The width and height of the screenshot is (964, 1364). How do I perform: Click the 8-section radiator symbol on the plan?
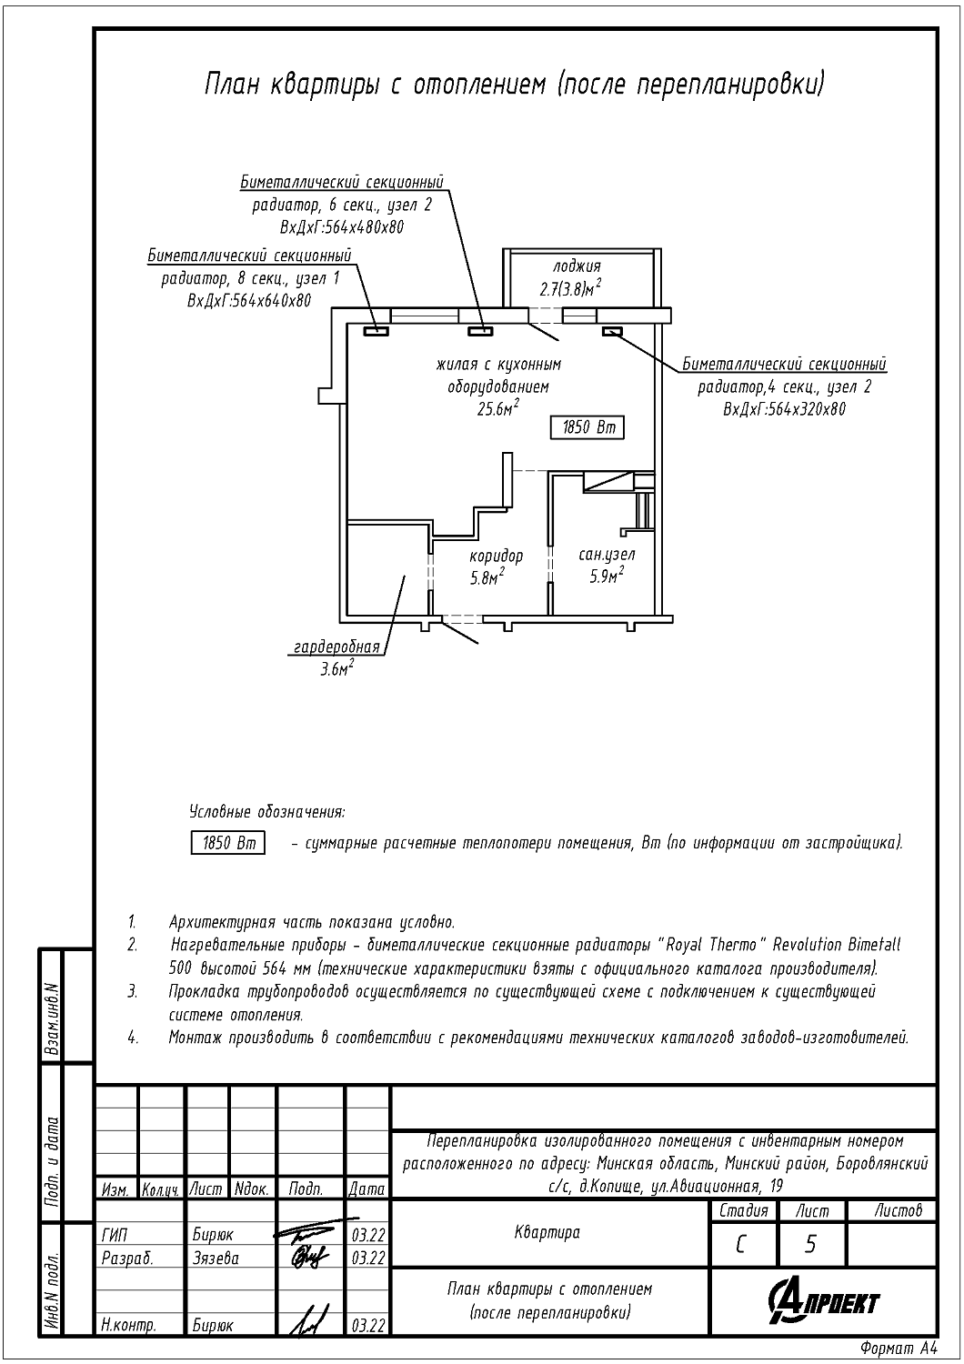(376, 331)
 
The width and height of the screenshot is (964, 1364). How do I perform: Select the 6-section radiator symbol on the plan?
(479, 331)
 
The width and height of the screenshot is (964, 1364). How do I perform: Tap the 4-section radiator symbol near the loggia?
(612, 331)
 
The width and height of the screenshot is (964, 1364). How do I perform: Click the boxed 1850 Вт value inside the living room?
(587, 427)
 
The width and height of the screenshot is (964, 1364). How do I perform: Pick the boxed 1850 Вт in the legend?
(227, 843)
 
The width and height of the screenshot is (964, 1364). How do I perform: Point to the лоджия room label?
(577, 266)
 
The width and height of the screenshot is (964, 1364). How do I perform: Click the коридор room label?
(496, 556)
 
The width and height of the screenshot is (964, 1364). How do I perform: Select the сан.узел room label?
(607, 555)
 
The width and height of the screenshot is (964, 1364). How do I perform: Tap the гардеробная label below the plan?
(336, 647)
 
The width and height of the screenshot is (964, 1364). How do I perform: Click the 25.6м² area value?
(498, 407)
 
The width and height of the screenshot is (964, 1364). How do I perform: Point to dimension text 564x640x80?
(266, 301)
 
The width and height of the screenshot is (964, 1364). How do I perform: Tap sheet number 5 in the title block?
(810, 1245)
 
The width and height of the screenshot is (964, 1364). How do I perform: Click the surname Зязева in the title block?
(216, 1258)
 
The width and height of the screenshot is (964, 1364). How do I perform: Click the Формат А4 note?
(898, 1347)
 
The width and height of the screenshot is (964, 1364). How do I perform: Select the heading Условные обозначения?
(267, 812)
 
